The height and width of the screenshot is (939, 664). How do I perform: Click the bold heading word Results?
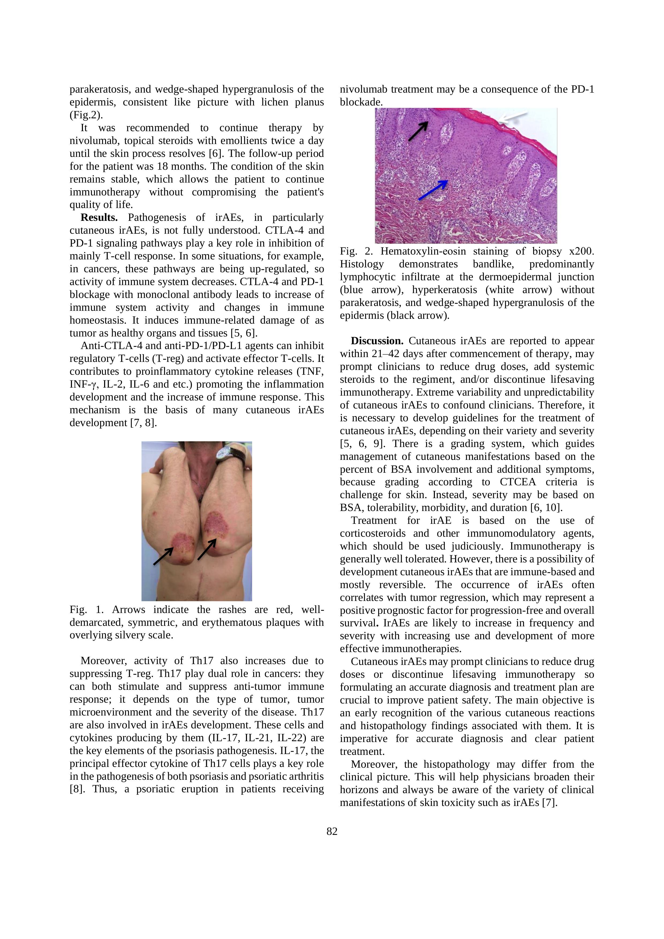tap(99, 218)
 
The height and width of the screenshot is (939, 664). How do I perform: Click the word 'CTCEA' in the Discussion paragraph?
tap(518, 482)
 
